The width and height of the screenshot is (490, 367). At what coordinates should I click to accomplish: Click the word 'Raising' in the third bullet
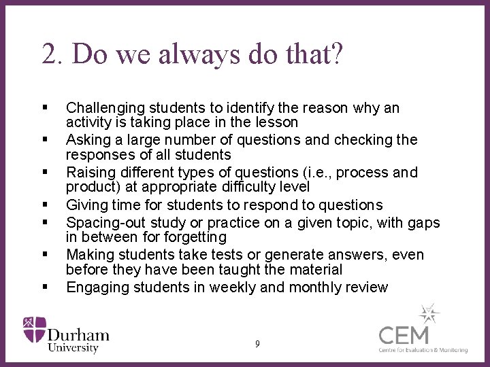click(88, 173)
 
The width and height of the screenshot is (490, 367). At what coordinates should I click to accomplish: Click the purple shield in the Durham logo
click(34, 329)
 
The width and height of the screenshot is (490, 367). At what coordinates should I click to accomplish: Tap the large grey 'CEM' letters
click(404, 335)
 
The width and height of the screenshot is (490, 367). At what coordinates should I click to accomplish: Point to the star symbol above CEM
click(429, 313)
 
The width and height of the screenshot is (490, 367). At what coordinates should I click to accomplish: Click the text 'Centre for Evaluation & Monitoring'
click(423, 350)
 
